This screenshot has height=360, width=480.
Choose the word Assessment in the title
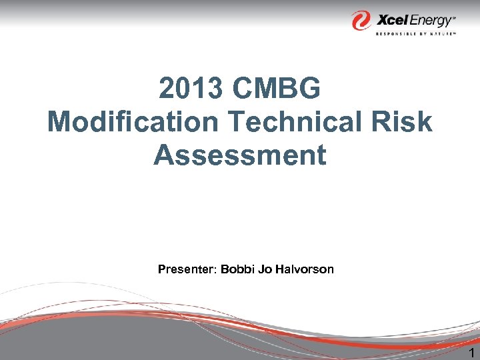point(240,155)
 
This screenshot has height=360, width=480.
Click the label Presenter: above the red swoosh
point(187,269)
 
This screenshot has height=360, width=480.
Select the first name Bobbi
point(236,269)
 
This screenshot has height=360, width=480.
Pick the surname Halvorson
point(303,269)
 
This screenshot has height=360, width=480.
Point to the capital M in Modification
point(61,122)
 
